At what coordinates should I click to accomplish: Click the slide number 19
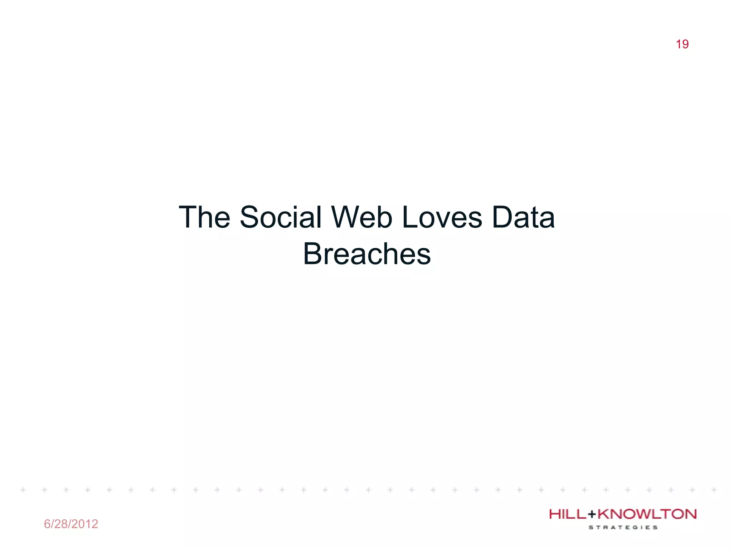682,44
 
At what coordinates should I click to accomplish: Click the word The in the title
204,217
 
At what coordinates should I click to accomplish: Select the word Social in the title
281,217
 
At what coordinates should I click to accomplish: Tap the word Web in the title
362,217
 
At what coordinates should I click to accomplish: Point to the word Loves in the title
442,217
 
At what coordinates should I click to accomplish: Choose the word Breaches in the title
367,254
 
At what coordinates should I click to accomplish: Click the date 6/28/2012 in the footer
71,524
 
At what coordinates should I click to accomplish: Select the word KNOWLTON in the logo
647,514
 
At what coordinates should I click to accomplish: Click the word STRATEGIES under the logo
623,527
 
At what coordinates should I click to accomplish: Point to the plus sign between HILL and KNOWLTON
592,515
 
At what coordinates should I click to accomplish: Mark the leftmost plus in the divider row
23,490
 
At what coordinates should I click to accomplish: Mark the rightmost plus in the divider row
714,490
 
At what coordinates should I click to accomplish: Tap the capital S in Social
250,217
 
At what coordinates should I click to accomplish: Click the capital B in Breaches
312,254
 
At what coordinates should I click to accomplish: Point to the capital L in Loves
409,217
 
